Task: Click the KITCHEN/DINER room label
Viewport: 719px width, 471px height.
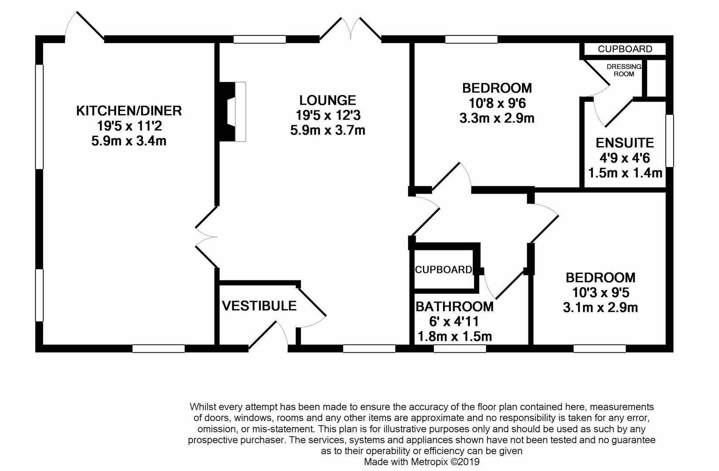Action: pyautogui.click(x=129, y=111)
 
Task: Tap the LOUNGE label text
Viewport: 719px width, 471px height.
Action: pyautogui.click(x=327, y=100)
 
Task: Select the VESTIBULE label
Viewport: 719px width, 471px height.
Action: pyautogui.click(x=259, y=306)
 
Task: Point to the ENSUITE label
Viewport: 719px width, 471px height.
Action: pyautogui.click(x=625, y=143)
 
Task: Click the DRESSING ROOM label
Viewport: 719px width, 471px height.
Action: pyautogui.click(x=624, y=70)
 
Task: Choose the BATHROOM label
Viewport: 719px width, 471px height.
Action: pyautogui.click(x=454, y=307)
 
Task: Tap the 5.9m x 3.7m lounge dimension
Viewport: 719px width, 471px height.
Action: pyautogui.click(x=327, y=130)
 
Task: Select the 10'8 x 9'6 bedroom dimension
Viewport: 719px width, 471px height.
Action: pyautogui.click(x=497, y=103)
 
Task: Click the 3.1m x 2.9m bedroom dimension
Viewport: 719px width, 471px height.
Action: pyautogui.click(x=600, y=307)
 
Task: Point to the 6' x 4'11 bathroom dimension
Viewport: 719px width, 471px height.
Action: pyautogui.click(x=454, y=322)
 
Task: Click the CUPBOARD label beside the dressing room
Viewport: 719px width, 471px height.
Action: pyautogui.click(x=625, y=49)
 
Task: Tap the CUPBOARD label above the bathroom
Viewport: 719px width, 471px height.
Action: pyautogui.click(x=443, y=270)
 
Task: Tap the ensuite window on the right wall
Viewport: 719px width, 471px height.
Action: pyautogui.click(x=670, y=140)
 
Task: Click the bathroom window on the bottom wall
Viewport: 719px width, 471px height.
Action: pyautogui.click(x=460, y=348)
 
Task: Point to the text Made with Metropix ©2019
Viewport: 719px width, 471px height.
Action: pyautogui.click(x=422, y=461)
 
